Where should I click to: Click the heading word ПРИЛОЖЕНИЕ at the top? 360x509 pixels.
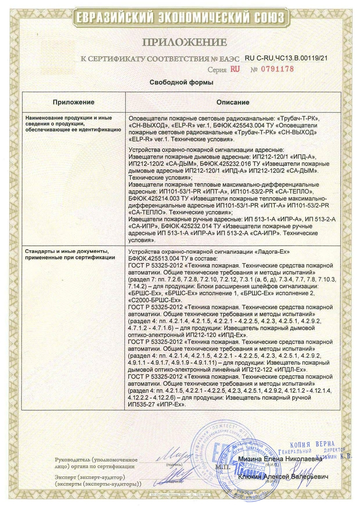[184, 42]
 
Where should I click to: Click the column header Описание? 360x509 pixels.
[233, 102]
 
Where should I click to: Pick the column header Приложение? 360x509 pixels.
[73, 102]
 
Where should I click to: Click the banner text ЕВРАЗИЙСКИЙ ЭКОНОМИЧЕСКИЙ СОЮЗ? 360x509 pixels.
[180, 17]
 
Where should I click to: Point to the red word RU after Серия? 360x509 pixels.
[235, 69]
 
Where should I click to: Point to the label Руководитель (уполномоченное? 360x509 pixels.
[96, 460]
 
